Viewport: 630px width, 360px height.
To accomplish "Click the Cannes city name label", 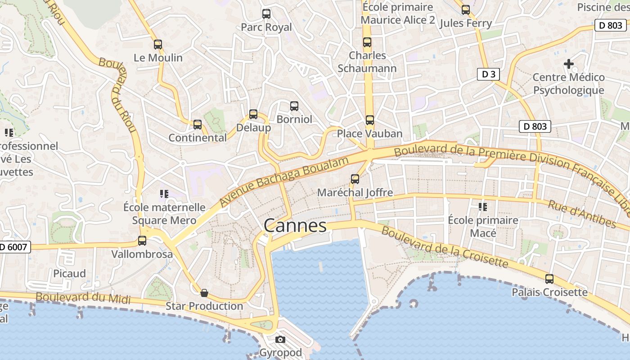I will [x=295, y=225].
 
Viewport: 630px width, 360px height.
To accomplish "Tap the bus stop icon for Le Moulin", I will [x=157, y=45].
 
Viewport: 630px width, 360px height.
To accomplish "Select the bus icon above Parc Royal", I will [x=266, y=14].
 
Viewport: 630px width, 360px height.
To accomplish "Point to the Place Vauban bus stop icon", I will [x=370, y=120].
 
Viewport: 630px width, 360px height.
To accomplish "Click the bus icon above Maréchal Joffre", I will [x=355, y=179].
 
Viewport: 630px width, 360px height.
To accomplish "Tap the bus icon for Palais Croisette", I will [x=549, y=279].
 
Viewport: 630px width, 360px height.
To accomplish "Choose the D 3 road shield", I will [x=488, y=74].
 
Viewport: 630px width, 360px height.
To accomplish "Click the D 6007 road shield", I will [x=14, y=247].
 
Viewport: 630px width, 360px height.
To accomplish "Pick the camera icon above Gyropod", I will [x=280, y=339].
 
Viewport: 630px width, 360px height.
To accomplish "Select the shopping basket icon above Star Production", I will [x=204, y=293].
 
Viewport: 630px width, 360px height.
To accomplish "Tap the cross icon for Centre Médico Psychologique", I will [x=569, y=64].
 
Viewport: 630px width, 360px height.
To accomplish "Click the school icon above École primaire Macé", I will [x=483, y=207].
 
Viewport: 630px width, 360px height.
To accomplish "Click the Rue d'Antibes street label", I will [x=582, y=214].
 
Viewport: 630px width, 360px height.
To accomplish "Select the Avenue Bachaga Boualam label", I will [x=284, y=182].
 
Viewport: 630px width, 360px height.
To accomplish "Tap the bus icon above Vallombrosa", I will [x=142, y=241].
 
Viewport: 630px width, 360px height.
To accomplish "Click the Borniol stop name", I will [x=294, y=119].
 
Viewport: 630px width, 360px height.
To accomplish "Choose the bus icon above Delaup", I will [x=253, y=114].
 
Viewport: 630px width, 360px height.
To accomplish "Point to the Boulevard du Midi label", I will [x=83, y=298].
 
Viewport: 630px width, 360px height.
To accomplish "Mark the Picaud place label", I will [x=69, y=274].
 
